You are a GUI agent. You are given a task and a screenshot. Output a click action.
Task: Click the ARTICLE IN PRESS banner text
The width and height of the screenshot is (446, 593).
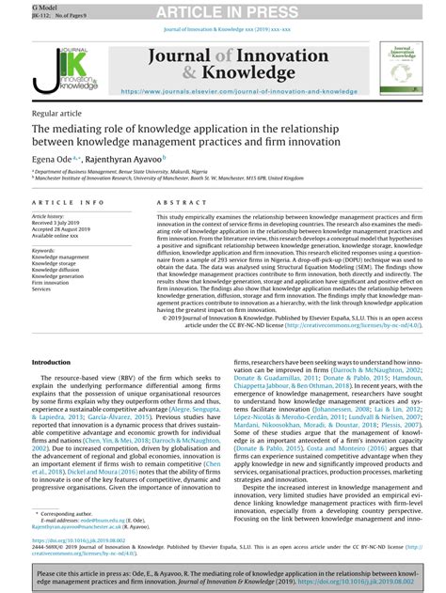[x=222, y=10]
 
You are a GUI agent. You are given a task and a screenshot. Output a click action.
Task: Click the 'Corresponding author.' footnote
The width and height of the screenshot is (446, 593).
[x=72, y=515]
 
